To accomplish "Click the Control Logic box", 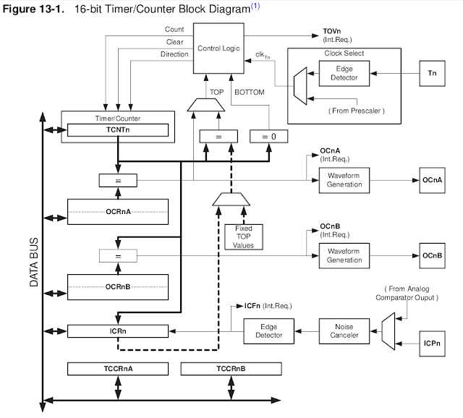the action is [x=218, y=48].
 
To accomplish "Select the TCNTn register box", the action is [x=118, y=130].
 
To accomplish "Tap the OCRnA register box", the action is [x=118, y=212].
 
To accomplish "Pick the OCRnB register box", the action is [x=118, y=287].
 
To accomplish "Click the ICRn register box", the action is [x=118, y=331].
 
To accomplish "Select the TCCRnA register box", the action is [x=118, y=369].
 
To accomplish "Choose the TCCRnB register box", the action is [x=231, y=369].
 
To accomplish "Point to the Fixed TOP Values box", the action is [x=244, y=236].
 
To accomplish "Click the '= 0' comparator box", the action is [x=268, y=137].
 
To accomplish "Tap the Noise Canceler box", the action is [x=344, y=331].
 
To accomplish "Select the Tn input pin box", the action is [x=432, y=73].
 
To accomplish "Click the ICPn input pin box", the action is [x=432, y=344].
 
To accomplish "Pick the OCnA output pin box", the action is [x=432, y=180].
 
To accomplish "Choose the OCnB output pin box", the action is [x=432, y=255].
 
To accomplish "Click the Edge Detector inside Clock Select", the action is [x=344, y=73].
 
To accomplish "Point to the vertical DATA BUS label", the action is [x=34, y=262].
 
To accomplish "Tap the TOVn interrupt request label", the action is [x=337, y=35].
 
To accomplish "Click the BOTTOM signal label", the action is [x=249, y=93].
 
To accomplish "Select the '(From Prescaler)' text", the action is [x=357, y=111].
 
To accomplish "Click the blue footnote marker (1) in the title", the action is [x=255, y=6].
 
